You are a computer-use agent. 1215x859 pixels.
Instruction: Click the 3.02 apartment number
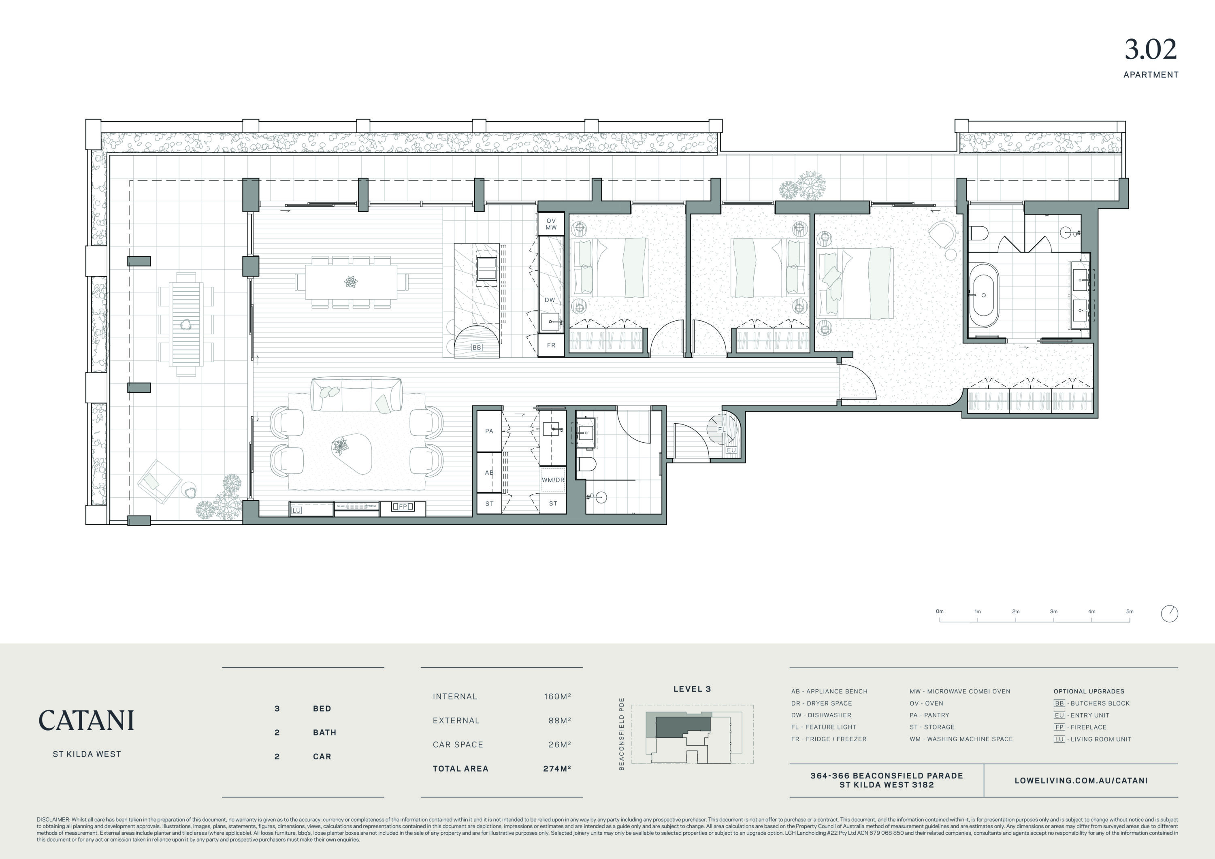pos(1151,50)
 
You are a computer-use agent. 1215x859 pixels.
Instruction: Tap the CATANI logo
pos(86,720)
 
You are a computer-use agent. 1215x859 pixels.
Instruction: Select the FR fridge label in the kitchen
pos(551,345)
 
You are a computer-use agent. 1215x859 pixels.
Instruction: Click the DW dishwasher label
pos(550,300)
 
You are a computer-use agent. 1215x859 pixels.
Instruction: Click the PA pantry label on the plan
pos(489,431)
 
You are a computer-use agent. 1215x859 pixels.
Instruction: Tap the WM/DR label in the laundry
pos(553,480)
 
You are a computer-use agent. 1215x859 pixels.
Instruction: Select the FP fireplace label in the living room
pos(403,507)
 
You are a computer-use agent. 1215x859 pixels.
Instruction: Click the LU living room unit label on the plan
pos(296,510)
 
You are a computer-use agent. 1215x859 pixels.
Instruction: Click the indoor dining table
pos(351,281)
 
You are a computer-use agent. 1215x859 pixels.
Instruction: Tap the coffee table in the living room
pos(352,454)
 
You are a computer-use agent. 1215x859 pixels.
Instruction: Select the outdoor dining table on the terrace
pos(186,324)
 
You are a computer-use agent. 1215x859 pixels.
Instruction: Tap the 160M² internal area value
pos(557,697)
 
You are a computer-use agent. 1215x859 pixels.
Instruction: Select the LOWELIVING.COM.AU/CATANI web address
pos(1081,781)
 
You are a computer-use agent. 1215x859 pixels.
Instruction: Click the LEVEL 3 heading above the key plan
pos(692,689)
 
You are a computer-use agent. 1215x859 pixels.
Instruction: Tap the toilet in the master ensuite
pos(978,233)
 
